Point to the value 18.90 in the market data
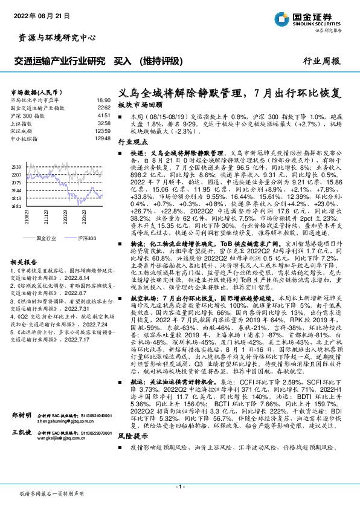104,100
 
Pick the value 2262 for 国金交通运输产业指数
104,108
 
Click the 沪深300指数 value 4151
104,115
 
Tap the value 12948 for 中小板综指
103,138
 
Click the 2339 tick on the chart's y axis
16,166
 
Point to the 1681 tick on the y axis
16,206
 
